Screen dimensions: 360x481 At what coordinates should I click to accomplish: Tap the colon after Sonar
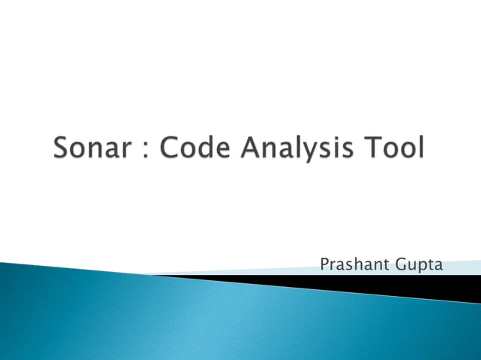pos(146,148)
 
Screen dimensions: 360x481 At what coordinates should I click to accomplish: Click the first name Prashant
pos(352,265)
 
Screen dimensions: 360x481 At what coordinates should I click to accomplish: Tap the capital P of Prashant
pos(325,265)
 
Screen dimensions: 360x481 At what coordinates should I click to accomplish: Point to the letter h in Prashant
pos(357,265)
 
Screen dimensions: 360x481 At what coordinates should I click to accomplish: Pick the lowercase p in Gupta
pos(423,267)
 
